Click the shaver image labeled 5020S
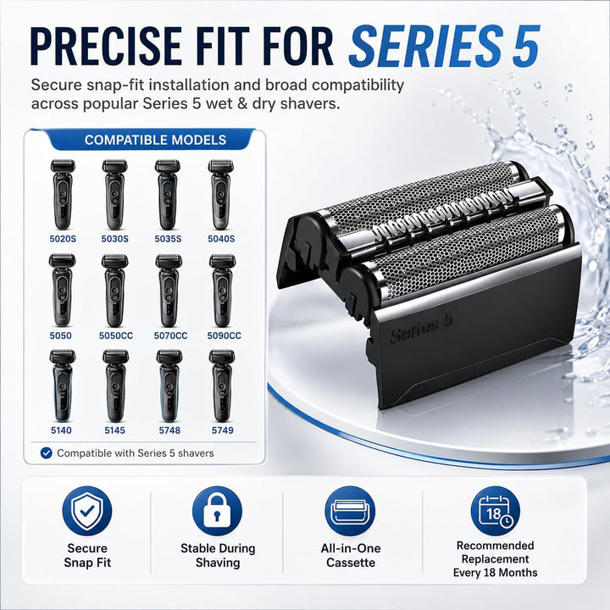tap(63, 195)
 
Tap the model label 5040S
tap(221, 238)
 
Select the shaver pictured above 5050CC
tap(114, 291)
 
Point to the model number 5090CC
tap(224, 335)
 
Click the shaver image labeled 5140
tap(62, 386)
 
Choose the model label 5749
tap(223, 430)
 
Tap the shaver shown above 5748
tap(169, 386)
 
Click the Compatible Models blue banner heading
tap(155, 140)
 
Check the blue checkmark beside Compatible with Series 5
tap(47, 452)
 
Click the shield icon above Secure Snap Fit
tap(87, 511)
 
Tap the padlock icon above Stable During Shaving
tap(217, 511)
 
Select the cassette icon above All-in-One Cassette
tap(350, 511)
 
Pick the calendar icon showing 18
tap(495, 511)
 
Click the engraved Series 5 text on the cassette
tap(421, 329)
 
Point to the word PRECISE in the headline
tap(106, 46)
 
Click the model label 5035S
tap(168, 238)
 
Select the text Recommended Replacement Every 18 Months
tap(495, 559)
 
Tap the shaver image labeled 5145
tap(115, 386)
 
